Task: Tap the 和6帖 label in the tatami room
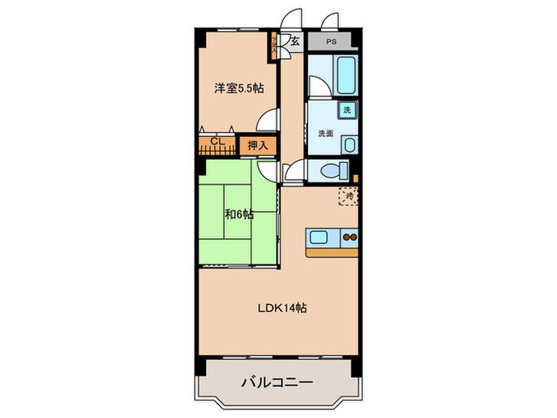click(238, 213)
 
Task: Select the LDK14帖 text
click(282, 309)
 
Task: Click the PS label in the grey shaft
click(331, 41)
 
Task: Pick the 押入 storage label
click(257, 146)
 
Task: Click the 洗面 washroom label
click(325, 133)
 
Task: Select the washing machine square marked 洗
click(348, 110)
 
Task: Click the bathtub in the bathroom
click(346, 76)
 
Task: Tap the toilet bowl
click(333, 170)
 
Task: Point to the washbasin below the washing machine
click(349, 144)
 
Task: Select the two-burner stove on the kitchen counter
click(350, 236)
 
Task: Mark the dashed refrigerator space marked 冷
click(348, 195)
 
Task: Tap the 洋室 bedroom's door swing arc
click(269, 119)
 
